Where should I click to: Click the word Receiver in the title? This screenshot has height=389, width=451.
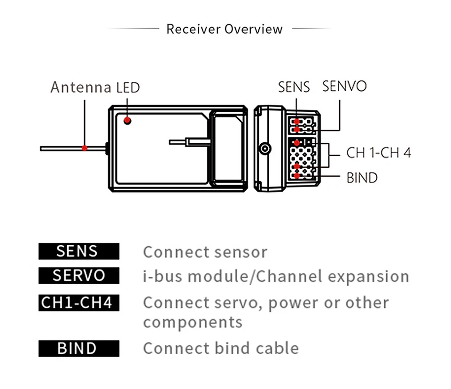(x=193, y=29)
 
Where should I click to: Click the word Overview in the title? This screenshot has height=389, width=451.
(x=254, y=29)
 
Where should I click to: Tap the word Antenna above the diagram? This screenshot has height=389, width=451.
(x=80, y=87)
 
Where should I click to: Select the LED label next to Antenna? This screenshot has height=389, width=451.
(x=127, y=87)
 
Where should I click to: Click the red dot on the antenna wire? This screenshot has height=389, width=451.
(x=85, y=148)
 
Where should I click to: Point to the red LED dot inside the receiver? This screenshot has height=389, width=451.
(x=127, y=121)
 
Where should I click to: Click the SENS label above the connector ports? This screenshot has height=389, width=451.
(x=294, y=87)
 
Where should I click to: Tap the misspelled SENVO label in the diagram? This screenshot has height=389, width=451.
(x=344, y=86)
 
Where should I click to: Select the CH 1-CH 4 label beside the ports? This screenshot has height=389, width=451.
(x=379, y=153)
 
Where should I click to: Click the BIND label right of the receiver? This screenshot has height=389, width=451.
(x=362, y=178)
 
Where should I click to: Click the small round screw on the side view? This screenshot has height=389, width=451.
(x=265, y=149)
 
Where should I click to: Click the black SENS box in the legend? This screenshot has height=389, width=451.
(x=78, y=251)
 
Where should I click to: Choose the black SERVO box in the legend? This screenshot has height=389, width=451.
(x=78, y=275)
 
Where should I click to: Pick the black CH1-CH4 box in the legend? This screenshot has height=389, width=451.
(x=78, y=302)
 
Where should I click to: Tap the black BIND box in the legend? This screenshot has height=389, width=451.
(x=78, y=349)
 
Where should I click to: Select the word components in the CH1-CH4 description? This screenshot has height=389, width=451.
(x=193, y=323)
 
